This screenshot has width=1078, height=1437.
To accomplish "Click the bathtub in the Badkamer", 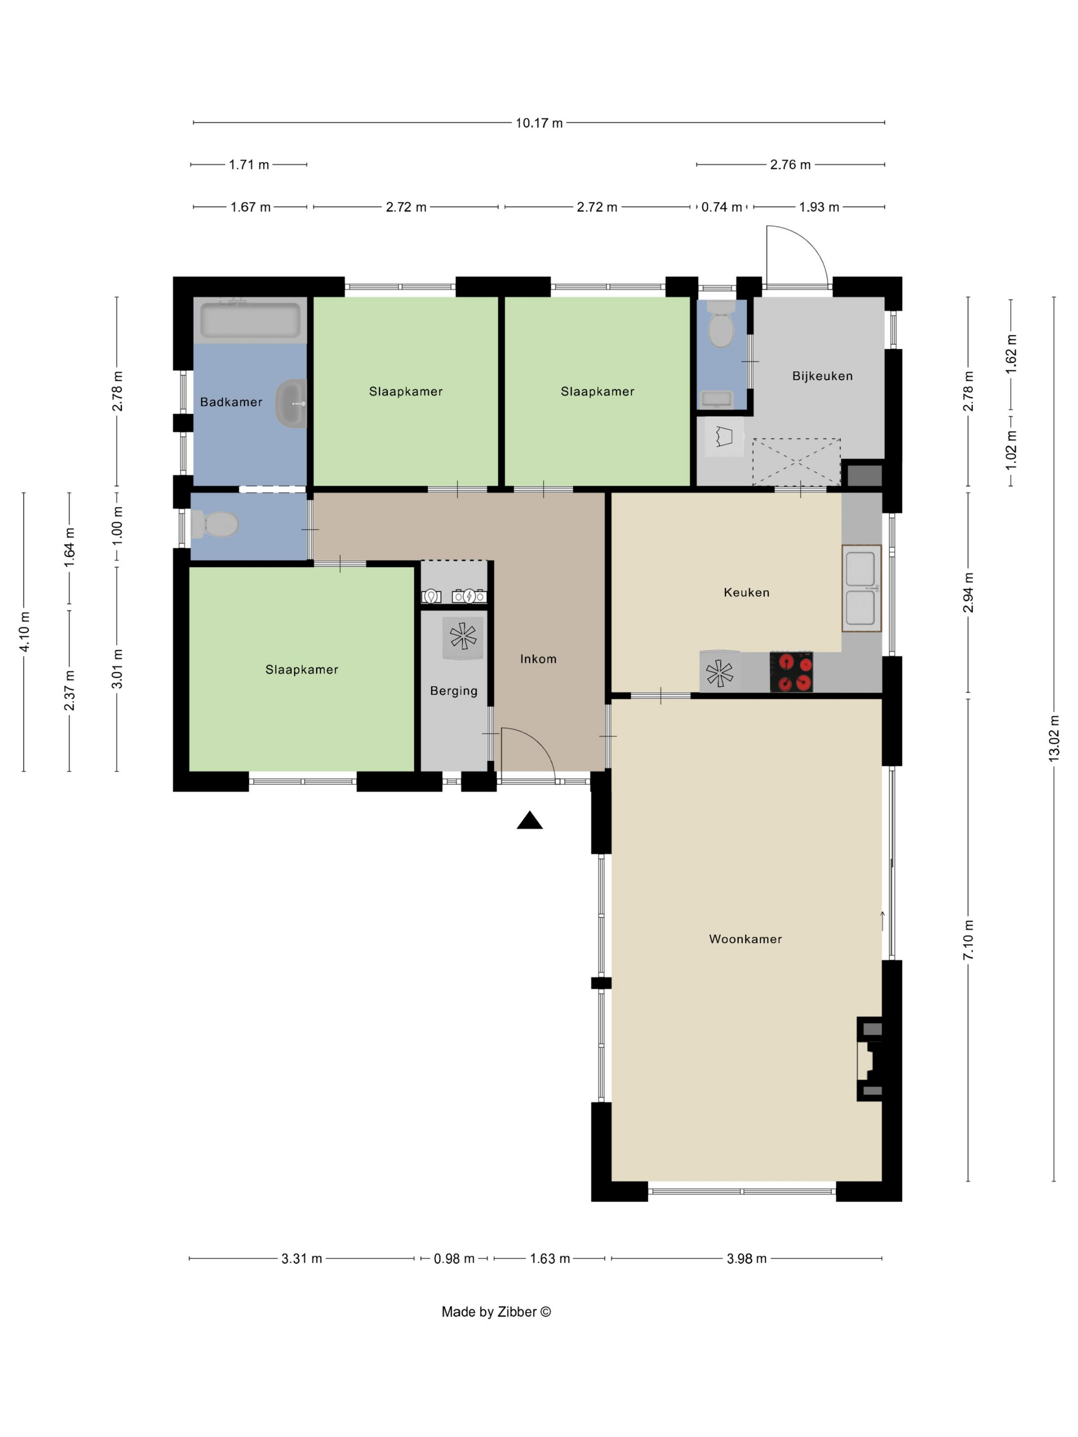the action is [250, 320].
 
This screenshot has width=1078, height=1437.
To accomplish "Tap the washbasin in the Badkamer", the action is [291, 403].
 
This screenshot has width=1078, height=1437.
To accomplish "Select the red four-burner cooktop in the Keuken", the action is [791, 672].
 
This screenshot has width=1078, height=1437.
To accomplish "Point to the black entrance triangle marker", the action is [530, 821].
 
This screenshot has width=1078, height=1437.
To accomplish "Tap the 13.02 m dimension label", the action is [1054, 739].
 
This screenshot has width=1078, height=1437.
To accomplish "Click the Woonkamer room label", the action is [745, 939].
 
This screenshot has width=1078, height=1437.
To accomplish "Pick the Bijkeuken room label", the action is [822, 376].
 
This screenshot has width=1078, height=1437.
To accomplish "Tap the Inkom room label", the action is [538, 659].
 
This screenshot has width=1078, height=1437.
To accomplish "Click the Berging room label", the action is [454, 691].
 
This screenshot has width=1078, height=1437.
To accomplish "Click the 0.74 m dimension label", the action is [721, 207].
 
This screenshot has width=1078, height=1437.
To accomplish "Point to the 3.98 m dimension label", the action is [746, 1258].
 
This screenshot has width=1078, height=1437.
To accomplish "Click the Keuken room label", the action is [746, 592].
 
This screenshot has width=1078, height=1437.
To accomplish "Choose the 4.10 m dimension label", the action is [24, 631].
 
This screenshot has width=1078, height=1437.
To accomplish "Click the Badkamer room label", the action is [232, 402].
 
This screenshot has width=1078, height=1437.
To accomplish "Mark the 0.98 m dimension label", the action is [454, 1258].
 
